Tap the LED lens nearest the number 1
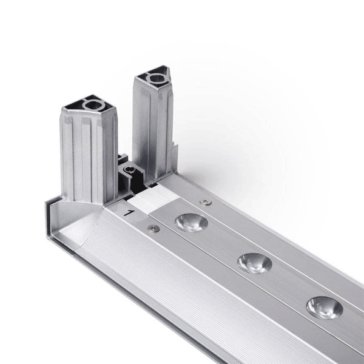(x=191, y=223)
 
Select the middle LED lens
(x=254, y=263)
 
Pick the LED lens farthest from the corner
(x=325, y=308)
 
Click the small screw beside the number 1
(x=153, y=229)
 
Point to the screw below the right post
(x=206, y=202)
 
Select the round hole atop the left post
(x=94, y=106)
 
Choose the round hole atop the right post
(x=157, y=78)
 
